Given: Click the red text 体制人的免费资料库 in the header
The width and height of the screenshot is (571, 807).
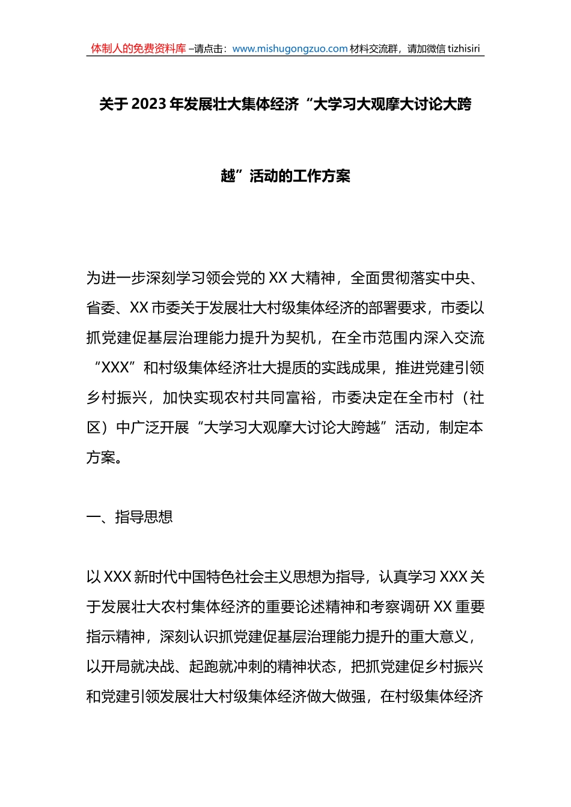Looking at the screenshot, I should pos(138,49).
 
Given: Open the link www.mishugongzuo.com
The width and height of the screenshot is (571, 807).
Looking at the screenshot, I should pos(290,49).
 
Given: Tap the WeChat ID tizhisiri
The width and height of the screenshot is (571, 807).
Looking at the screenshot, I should pos(463,49).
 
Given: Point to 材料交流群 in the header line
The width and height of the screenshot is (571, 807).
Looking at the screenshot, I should pos(373,49).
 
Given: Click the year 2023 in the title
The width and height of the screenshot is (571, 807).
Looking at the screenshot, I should pos(148,104).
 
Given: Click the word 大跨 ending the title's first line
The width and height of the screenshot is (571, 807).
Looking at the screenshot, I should pos(457,104).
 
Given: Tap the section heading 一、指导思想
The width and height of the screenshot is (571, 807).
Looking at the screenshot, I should pos(130,517).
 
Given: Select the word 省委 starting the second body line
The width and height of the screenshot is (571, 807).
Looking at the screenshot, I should pos(100,308).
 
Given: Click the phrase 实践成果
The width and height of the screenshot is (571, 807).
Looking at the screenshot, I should pos(350,368).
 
